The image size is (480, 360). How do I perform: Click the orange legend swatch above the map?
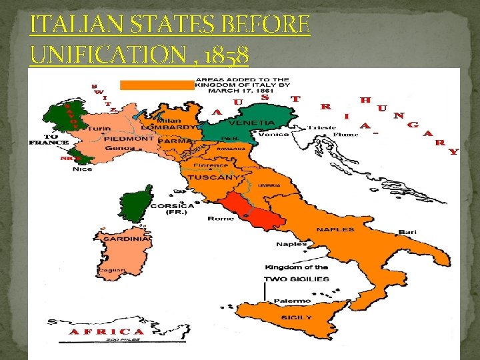(x=155, y=85)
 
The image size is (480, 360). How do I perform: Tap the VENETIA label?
(x=252, y=123)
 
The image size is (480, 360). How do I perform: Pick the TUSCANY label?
(x=213, y=178)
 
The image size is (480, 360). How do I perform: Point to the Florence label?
(x=211, y=165)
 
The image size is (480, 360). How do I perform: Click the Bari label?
(x=407, y=232)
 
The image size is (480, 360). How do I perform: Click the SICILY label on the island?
(x=295, y=317)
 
